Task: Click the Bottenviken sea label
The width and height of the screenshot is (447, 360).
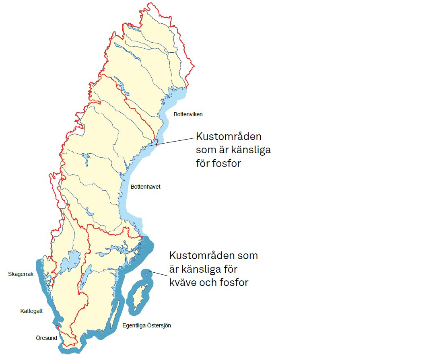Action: tap(188, 114)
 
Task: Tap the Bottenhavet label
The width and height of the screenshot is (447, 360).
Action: tap(145, 187)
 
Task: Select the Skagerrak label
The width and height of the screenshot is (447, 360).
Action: tap(21, 274)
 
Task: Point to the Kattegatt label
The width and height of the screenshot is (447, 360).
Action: tap(31, 311)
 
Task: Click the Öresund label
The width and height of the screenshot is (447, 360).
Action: tap(46, 338)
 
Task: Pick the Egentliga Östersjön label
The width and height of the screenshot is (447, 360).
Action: tap(146, 325)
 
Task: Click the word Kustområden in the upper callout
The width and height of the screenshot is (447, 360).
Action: tap(229, 136)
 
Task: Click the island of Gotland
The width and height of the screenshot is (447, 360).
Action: tap(139, 297)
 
